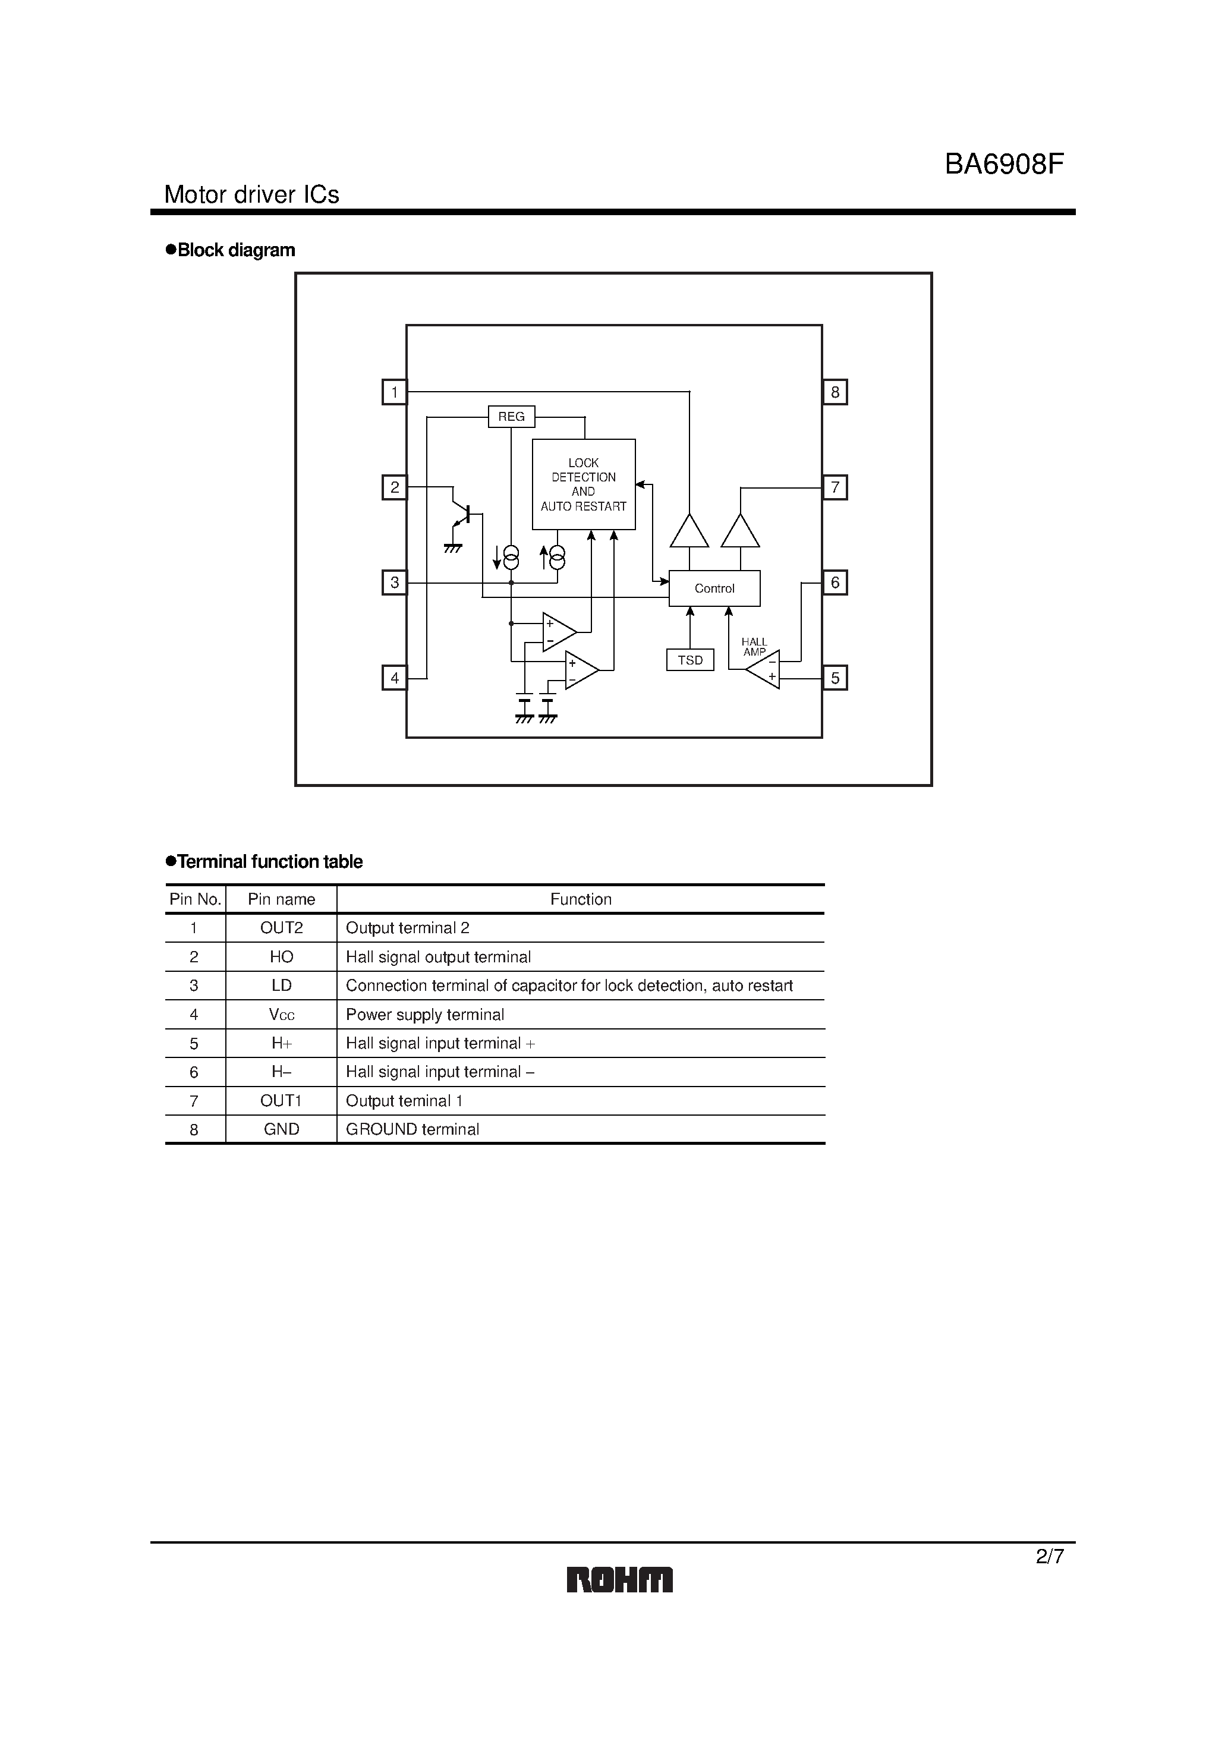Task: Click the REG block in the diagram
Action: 511,416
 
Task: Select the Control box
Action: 714,588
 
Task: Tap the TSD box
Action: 689,660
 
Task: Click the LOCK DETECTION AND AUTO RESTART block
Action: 583,484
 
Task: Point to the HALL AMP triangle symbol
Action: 764,669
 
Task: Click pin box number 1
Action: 395,392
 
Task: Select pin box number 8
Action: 835,392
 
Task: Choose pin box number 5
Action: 835,678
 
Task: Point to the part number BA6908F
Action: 1004,164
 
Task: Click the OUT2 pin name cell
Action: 281,928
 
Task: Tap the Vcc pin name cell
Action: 281,1015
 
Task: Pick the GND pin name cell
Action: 281,1129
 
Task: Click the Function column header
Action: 580,899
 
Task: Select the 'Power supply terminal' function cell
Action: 425,1015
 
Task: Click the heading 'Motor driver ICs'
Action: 251,194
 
